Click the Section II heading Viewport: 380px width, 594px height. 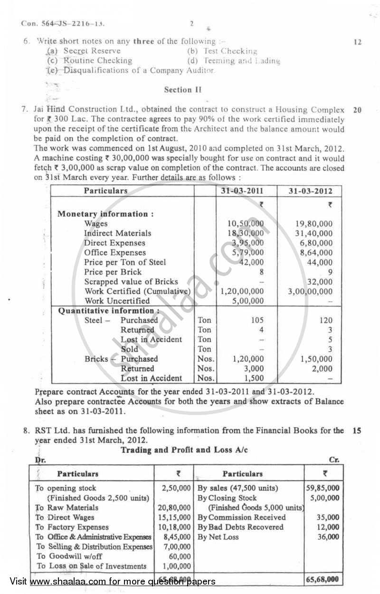pos(183,89)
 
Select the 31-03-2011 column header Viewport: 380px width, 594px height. pos(247,191)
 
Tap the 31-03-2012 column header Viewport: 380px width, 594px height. pos(311,191)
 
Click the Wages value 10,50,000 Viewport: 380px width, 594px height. pos(246,224)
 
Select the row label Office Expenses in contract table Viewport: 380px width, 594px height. pos(115,252)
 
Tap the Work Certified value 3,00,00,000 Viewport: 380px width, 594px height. pos(310,291)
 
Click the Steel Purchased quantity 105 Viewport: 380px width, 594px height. pos(256,320)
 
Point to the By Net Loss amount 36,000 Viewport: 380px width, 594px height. pos(327,537)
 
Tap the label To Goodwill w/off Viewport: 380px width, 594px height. pos(69,556)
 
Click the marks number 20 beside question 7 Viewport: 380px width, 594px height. pos(357,110)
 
